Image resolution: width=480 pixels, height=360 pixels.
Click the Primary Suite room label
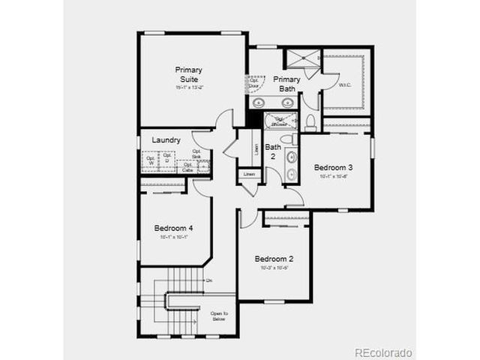[189, 74]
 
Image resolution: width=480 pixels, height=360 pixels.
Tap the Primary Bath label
[287, 84]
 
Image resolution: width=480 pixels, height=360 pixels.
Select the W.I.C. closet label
[344, 85]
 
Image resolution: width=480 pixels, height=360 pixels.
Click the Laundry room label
[166, 140]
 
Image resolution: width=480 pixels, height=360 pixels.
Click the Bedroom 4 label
[174, 228]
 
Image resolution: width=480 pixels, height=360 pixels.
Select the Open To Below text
[219, 316]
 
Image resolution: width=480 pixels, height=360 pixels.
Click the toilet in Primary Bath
[310, 121]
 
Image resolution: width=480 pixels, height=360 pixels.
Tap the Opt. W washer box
[151, 159]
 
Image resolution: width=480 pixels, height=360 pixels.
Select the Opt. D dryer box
[168, 158]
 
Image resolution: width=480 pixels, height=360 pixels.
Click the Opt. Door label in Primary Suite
[254, 82]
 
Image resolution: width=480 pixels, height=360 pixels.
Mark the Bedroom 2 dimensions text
[274, 268]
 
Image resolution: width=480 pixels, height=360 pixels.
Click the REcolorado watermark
[382, 352]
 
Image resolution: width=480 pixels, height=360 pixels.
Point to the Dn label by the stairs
[209, 280]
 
